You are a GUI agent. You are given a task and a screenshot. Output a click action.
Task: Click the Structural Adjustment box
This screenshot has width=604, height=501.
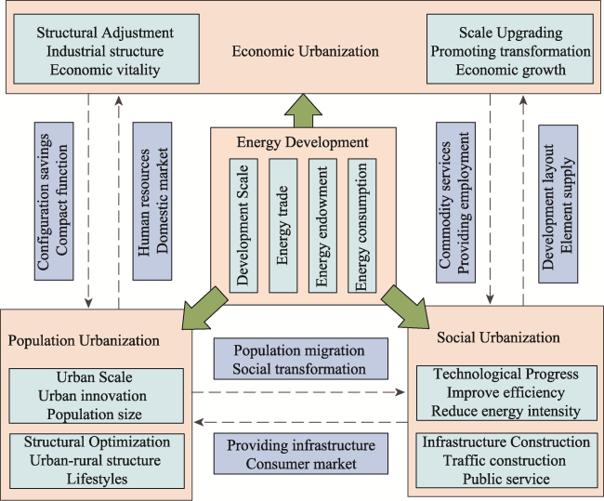106,49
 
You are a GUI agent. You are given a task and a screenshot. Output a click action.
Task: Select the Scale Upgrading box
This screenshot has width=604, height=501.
510,49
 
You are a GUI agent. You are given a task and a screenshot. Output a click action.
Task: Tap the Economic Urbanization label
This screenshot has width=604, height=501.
305,51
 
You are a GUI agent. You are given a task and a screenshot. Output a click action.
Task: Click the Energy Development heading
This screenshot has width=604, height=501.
302,142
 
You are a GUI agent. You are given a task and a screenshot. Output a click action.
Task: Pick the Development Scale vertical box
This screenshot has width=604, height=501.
243,226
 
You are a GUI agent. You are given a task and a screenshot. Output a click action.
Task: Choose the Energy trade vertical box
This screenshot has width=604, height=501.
283,226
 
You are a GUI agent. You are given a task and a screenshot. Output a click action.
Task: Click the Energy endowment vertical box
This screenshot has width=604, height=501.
322,226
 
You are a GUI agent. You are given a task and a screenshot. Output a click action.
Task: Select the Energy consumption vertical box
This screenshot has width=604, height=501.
362,226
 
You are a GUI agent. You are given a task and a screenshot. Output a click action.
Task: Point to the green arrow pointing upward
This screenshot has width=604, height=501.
303,112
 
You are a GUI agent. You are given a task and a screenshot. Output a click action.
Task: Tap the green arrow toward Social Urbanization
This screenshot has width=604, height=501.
405,308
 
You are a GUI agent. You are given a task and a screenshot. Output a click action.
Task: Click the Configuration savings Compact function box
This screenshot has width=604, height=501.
54,201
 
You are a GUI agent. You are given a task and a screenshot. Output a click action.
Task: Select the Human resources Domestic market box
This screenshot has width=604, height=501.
152,201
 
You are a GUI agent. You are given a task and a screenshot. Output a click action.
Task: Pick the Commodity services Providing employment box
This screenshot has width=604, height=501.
455,203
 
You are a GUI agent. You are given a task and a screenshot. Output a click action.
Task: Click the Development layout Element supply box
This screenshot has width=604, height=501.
558,204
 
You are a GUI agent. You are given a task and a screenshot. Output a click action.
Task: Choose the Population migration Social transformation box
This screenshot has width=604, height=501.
301,359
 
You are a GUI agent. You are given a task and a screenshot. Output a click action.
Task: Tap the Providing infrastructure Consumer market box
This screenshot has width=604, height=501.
301,454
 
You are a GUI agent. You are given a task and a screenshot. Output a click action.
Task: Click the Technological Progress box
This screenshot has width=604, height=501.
506,393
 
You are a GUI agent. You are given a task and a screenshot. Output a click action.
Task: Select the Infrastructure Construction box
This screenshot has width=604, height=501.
506,460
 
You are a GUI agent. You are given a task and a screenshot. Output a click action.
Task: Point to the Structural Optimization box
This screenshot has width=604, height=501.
97,461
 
